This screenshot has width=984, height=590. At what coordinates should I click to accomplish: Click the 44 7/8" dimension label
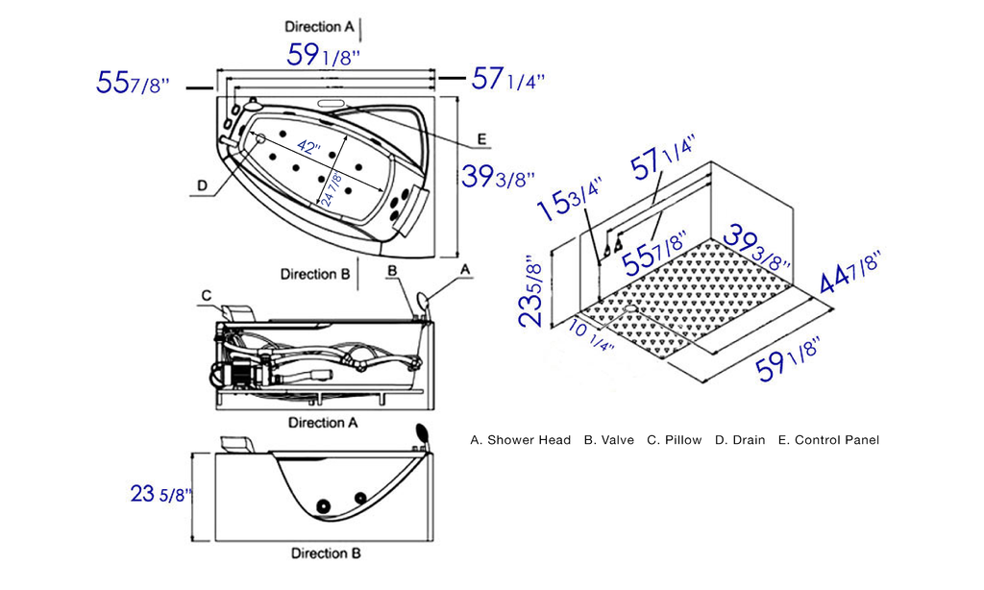(x=851, y=271)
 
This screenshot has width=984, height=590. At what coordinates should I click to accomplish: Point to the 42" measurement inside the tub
(x=307, y=146)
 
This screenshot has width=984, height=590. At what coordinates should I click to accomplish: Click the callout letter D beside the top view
(x=202, y=184)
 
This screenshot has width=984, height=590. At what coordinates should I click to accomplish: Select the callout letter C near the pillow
(x=206, y=294)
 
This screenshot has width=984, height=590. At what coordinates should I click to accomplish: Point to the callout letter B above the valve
(x=392, y=272)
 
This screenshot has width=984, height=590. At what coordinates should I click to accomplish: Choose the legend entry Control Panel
(x=836, y=440)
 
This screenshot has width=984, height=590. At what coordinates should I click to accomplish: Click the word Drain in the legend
(x=748, y=440)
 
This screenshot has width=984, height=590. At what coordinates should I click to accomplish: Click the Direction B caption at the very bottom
(x=326, y=553)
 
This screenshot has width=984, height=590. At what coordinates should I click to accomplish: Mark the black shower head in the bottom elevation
(x=421, y=433)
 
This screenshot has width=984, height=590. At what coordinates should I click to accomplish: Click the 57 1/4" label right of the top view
(x=508, y=79)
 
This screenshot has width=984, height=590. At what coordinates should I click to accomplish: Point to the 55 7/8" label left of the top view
(x=133, y=84)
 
